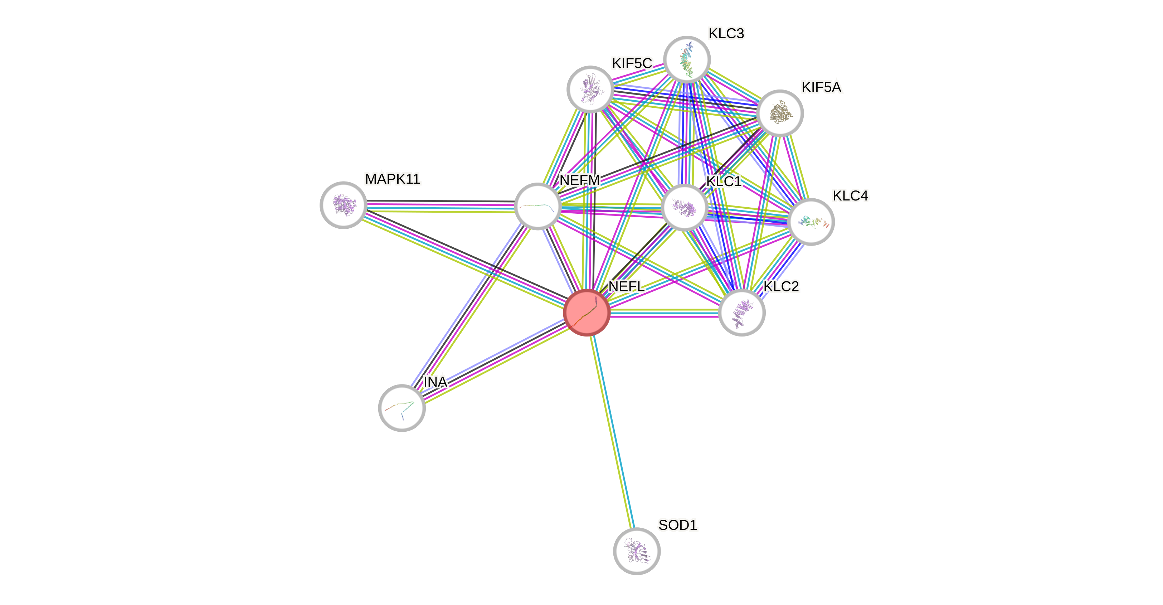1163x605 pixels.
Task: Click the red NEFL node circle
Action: tap(587, 313)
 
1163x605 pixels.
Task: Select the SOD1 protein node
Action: tap(637, 551)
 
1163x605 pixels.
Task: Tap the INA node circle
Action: tap(402, 408)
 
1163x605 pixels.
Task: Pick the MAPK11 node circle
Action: tap(343, 205)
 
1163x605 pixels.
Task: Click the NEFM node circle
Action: tap(537, 206)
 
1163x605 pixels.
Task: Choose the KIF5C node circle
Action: tap(590, 89)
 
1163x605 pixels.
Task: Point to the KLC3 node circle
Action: tap(687, 59)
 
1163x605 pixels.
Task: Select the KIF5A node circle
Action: tap(780, 113)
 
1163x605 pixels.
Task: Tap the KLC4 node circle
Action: tap(811, 222)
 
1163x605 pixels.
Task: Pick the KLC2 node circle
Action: tap(741, 313)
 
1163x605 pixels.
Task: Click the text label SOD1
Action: tap(678, 525)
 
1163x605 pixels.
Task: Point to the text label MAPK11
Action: tap(392, 179)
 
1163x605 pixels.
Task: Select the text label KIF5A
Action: tap(821, 87)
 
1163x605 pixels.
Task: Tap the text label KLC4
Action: tap(850, 195)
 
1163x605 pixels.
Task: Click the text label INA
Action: tap(435, 382)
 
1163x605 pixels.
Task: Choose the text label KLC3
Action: tap(726, 33)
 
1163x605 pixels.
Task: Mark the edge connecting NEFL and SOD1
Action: tap(612, 432)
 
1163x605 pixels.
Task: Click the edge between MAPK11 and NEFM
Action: tap(440, 206)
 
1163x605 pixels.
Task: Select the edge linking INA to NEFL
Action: tap(494, 360)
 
